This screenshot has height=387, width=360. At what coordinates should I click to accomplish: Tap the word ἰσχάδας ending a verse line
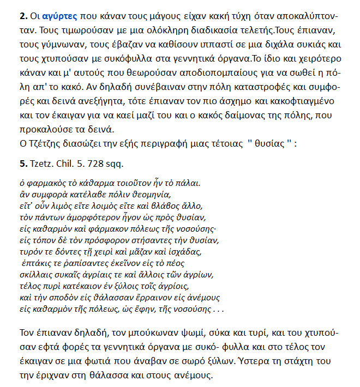pos(185,252)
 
